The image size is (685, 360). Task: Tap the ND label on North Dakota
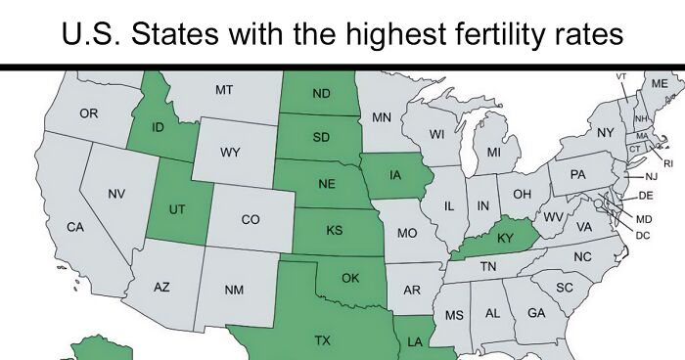(321, 94)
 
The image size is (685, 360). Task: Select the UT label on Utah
(177, 209)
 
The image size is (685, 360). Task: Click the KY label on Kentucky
(506, 238)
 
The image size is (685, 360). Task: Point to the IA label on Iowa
(395, 175)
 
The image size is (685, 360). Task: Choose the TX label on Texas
(322, 340)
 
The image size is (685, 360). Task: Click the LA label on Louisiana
(414, 341)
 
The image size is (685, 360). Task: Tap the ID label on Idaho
(158, 127)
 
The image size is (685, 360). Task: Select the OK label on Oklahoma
(350, 278)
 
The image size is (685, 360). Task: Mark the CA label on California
(74, 227)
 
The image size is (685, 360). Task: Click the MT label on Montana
(224, 90)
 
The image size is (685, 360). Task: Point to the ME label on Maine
(660, 84)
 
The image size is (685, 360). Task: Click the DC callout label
(643, 235)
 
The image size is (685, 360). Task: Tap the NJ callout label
(651, 177)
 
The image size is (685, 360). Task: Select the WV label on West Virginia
(553, 216)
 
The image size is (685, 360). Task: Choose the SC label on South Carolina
(564, 288)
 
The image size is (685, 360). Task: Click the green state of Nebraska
(328, 184)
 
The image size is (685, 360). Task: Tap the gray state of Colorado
(251, 220)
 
